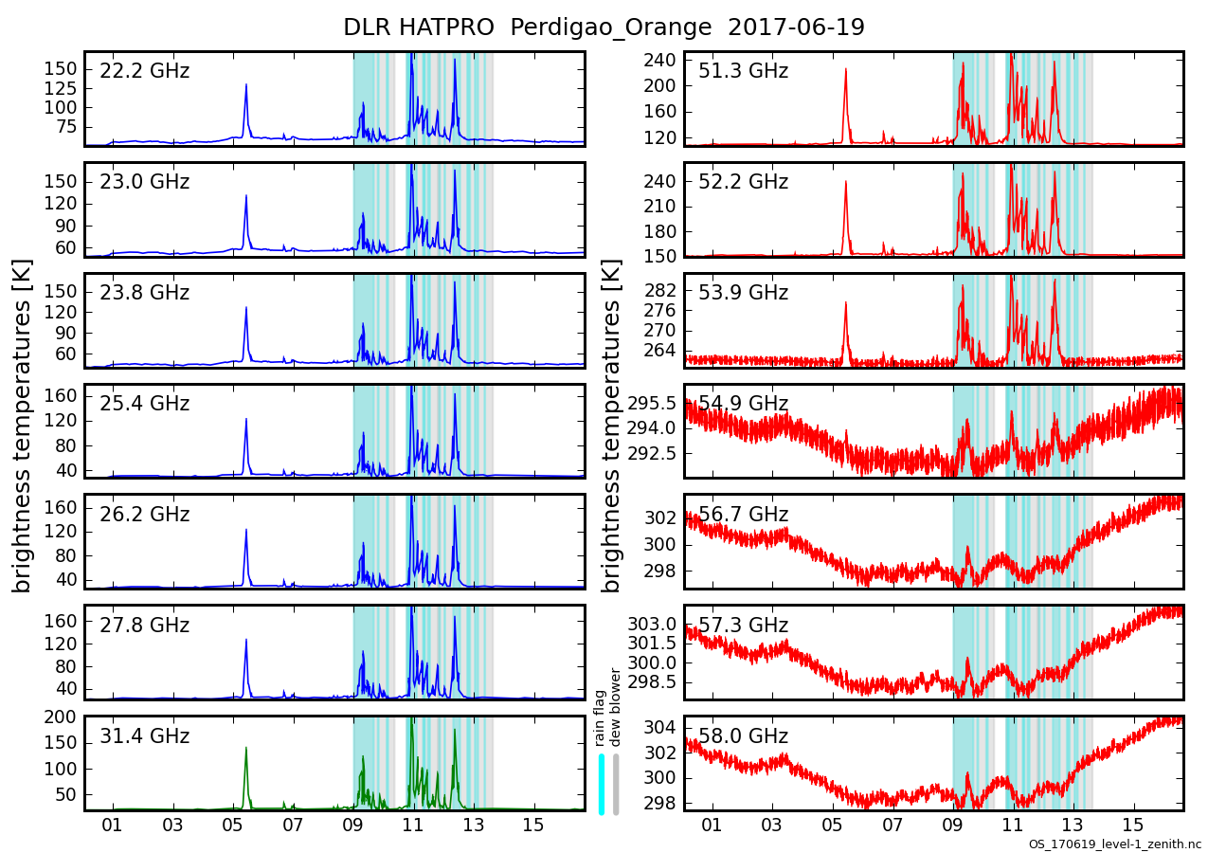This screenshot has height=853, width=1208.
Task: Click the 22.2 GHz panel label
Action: pyautogui.click(x=144, y=71)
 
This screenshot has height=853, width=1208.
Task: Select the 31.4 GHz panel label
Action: pyautogui.click(x=144, y=736)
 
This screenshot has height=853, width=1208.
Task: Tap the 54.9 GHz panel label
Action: pyautogui.click(x=743, y=404)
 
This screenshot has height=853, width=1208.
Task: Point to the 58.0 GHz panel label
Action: pyautogui.click(x=743, y=736)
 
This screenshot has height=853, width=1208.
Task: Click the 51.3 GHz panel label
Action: pyautogui.click(x=743, y=71)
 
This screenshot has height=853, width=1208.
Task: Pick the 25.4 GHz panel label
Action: pyautogui.click(x=144, y=404)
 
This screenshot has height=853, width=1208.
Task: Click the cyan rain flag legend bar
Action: pyautogui.click(x=602, y=783)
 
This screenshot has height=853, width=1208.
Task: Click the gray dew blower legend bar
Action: pyautogui.click(x=616, y=783)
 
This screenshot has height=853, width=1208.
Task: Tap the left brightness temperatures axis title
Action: pyautogui.click(x=23, y=426)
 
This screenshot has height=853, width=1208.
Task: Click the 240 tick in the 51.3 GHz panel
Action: pyautogui.click(x=660, y=60)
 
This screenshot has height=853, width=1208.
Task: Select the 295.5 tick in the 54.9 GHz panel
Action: pyautogui.click(x=653, y=404)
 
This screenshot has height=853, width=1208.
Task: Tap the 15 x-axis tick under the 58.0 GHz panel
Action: pyautogui.click(x=1132, y=826)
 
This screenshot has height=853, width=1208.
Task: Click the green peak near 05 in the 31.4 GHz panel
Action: pyautogui.click(x=245, y=748)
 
